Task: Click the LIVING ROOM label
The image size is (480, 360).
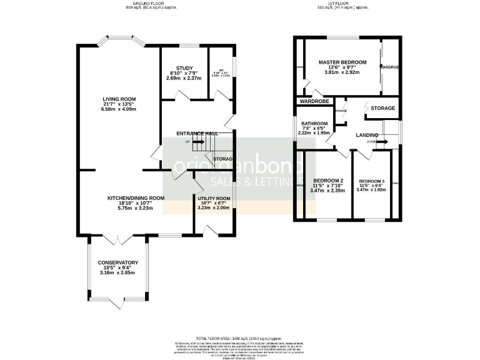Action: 119,99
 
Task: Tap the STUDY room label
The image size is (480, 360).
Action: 184,68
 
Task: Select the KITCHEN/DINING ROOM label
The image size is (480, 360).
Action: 132,198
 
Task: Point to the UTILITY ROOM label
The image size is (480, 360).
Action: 214,198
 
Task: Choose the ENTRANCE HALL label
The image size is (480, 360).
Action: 197,133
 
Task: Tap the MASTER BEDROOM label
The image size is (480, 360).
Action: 342,62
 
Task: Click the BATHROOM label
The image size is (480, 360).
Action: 314,124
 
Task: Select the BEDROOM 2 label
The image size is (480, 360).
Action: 327,179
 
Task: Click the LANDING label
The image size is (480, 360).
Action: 367,135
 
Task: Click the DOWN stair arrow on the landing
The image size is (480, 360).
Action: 379,142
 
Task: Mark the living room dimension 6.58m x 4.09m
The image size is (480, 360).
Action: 119,110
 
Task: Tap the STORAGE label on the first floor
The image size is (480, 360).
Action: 382,108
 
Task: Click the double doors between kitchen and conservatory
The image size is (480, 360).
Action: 114,239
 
